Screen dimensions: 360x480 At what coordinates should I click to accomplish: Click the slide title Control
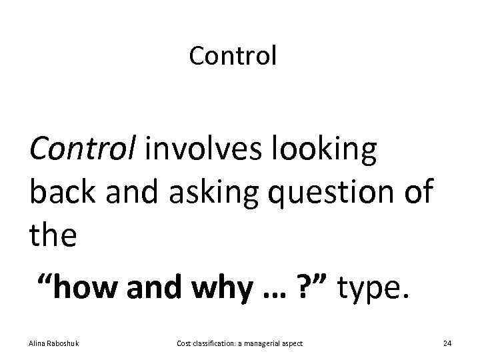pyautogui.click(x=232, y=56)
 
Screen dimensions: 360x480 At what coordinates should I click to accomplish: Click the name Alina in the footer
pyautogui.click(x=37, y=343)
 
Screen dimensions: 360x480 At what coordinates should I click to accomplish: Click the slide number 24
pyautogui.click(x=447, y=343)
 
